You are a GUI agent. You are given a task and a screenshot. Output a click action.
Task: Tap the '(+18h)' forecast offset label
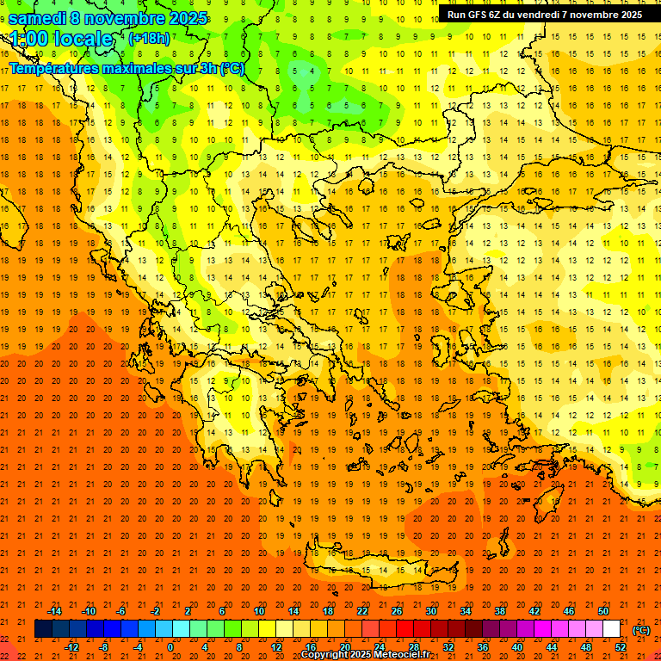tap(149, 39)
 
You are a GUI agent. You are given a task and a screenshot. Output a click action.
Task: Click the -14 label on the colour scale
tap(54, 610)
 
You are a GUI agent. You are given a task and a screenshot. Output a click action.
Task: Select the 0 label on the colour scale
tap(170, 647)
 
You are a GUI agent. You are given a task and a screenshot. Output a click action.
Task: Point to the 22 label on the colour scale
tap(362, 610)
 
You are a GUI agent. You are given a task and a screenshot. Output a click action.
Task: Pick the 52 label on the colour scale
tap(621, 647)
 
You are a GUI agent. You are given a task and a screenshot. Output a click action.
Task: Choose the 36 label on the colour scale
tap(483, 647)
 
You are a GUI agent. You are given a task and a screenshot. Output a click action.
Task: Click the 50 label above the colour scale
tap(603, 610)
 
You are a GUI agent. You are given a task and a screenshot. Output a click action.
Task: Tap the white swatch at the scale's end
tap(611, 629)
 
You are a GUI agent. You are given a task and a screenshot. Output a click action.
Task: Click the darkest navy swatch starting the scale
tap(44, 629)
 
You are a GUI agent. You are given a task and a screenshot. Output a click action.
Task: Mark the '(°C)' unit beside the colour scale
tap(641, 630)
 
